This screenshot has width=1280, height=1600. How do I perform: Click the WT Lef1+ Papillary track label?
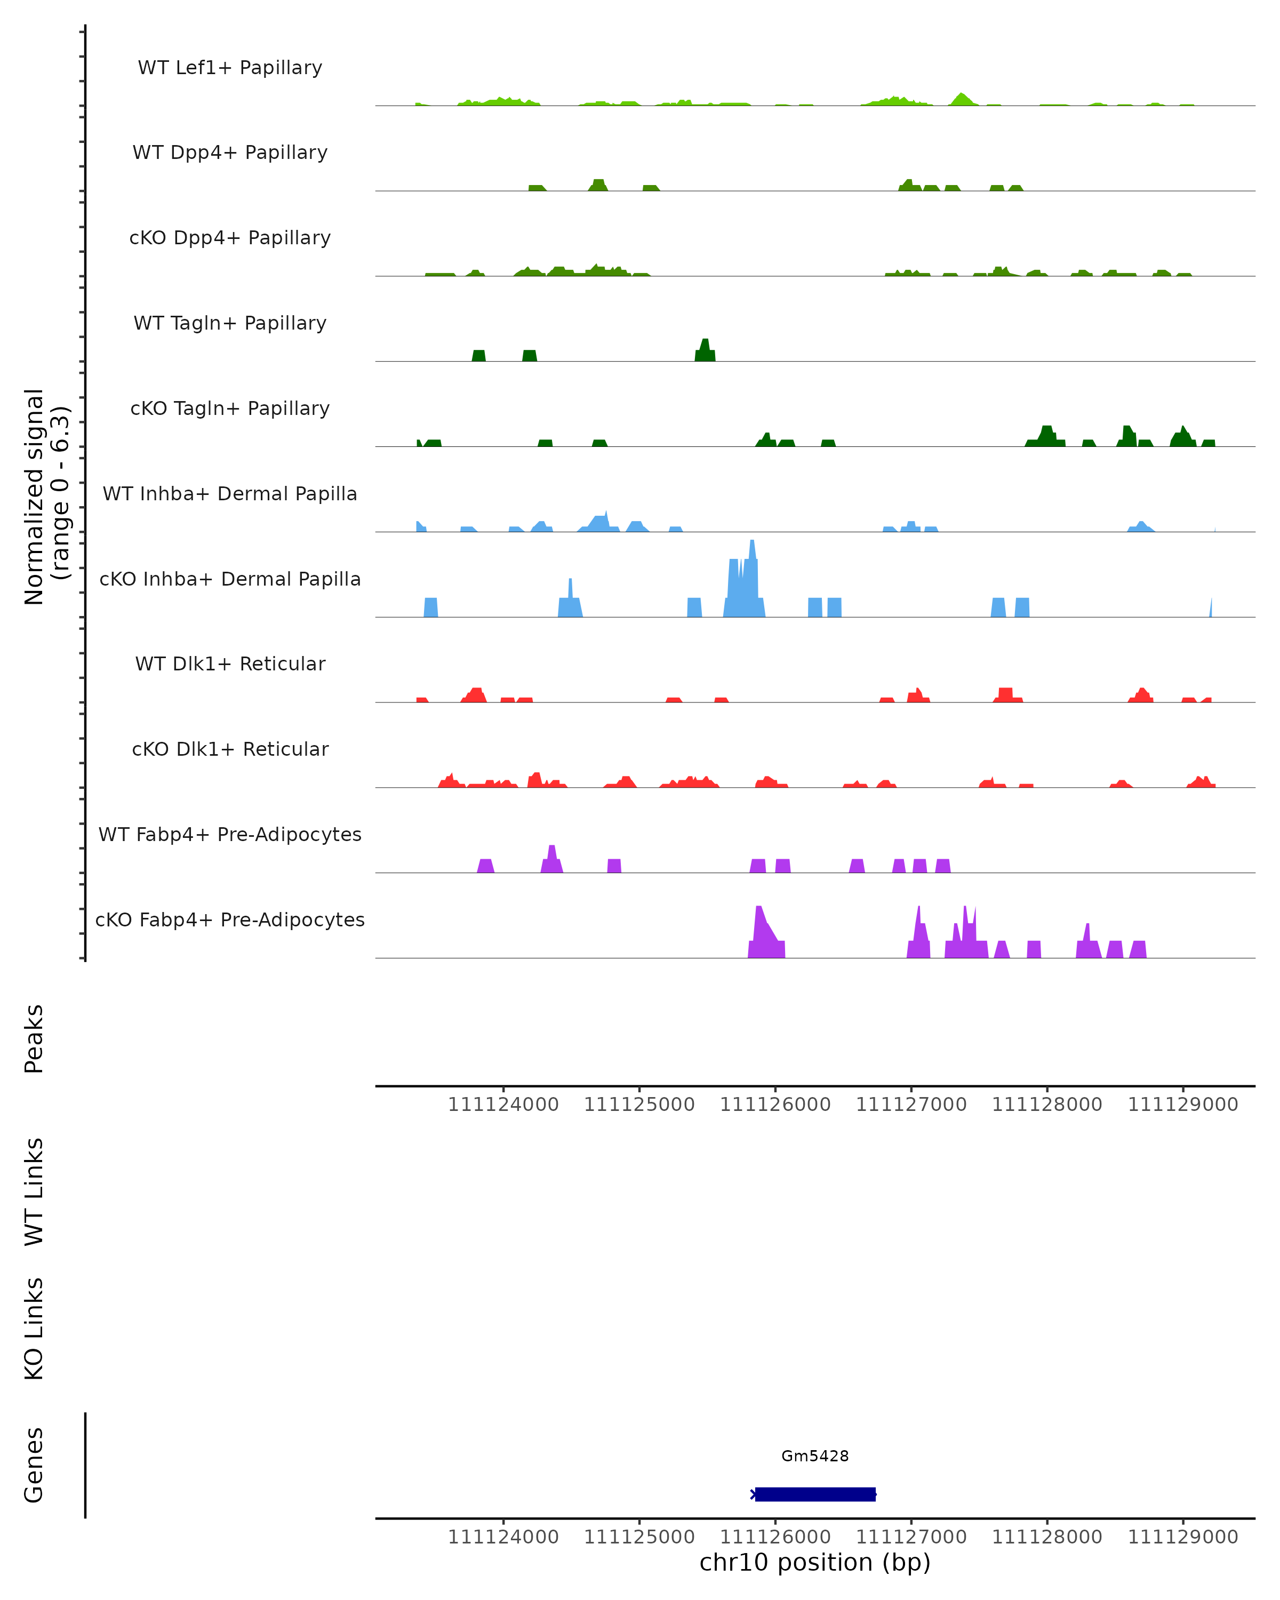click(230, 68)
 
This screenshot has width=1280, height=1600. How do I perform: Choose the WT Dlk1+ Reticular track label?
click(230, 663)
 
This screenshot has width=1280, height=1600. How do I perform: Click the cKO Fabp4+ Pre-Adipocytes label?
click(230, 919)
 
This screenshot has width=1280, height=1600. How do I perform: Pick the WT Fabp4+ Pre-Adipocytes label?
click(230, 834)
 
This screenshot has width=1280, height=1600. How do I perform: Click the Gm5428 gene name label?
click(815, 1455)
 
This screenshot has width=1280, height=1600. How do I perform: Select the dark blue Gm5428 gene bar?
click(815, 1494)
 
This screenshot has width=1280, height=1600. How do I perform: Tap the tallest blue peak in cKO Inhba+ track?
click(753, 553)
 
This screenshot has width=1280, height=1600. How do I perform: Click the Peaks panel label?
click(34, 1038)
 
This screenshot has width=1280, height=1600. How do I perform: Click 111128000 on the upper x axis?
click(1047, 1105)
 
